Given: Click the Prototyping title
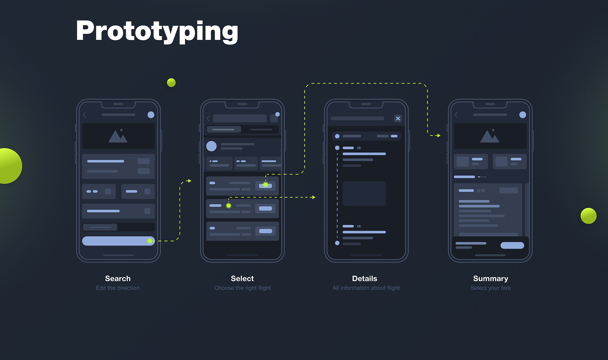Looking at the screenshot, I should click(x=157, y=31).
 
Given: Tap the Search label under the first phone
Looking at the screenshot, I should click(x=118, y=279).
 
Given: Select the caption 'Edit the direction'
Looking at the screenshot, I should click(x=118, y=288).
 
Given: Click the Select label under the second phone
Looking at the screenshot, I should click(x=242, y=279).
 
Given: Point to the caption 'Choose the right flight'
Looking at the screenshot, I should click(x=243, y=288).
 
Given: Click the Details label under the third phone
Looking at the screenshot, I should click(x=364, y=279).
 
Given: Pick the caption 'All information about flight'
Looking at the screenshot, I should click(x=366, y=288).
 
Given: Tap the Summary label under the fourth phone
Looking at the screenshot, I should click(x=491, y=279).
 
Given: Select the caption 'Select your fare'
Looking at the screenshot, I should click(x=491, y=288).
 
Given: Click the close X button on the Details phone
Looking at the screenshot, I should click(x=398, y=118).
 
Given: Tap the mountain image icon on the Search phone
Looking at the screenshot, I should click(x=118, y=136).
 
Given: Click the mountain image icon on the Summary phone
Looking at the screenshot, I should click(x=490, y=136).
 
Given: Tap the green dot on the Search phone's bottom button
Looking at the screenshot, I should click(x=150, y=241).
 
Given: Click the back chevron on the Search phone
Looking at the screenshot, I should click(x=85, y=115).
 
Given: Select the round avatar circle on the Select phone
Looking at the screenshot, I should click(x=212, y=146).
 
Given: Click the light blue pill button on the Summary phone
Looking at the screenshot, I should click(x=512, y=245).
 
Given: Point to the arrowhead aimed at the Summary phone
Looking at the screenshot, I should click(x=439, y=136).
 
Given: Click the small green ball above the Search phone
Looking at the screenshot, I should click(x=171, y=83).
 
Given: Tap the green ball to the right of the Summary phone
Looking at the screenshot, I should click(x=588, y=216).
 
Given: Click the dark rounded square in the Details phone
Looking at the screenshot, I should click(x=364, y=194).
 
